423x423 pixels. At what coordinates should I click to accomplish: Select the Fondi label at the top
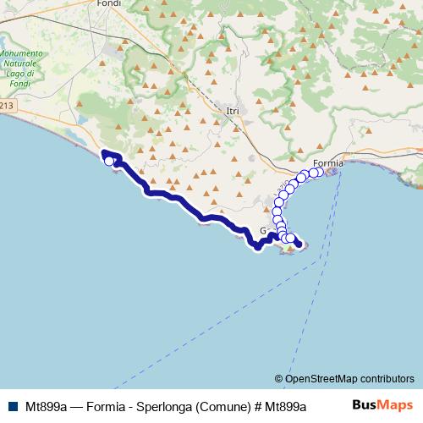click(110, 3)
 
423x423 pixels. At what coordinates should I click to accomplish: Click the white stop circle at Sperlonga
click(108, 161)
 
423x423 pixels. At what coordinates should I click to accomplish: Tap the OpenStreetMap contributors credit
click(349, 379)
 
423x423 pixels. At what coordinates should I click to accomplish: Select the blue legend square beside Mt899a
click(12, 405)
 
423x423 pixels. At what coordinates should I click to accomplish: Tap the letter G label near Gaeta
click(263, 230)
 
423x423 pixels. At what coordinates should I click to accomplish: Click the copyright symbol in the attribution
click(278, 379)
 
